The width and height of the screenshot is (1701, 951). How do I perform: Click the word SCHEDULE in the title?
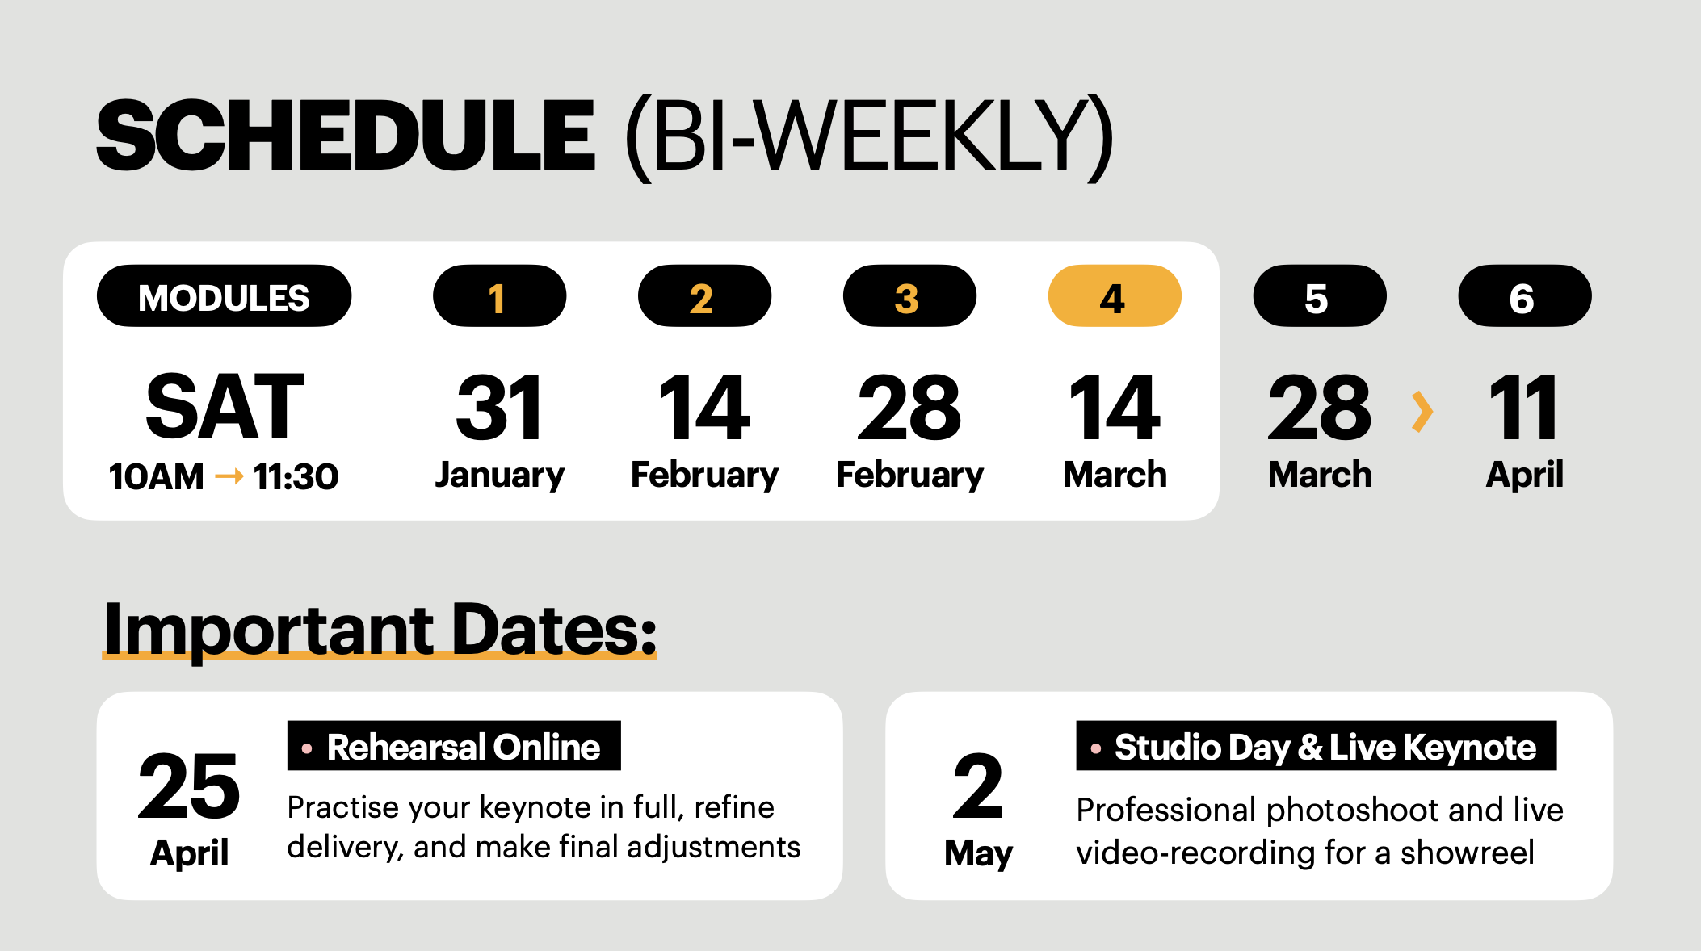(x=346, y=136)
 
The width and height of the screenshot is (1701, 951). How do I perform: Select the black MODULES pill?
(x=224, y=296)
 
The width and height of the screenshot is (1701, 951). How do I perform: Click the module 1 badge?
(x=499, y=296)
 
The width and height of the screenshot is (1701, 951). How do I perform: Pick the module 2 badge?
(x=704, y=296)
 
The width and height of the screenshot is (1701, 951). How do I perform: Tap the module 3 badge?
(x=909, y=296)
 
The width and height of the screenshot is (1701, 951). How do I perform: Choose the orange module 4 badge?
(x=1115, y=296)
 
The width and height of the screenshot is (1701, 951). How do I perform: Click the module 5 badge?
(x=1320, y=296)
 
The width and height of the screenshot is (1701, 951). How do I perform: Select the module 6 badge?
(x=1525, y=296)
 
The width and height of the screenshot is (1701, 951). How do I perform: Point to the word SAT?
(x=225, y=407)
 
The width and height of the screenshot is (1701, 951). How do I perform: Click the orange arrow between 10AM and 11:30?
(x=229, y=477)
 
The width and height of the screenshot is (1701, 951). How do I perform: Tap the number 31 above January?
(x=499, y=408)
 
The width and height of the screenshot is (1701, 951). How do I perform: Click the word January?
(x=499, y=475)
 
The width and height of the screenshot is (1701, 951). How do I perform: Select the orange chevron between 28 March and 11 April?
(x=1422, y=412)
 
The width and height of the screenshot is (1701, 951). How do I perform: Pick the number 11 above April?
(x=1524, y=408)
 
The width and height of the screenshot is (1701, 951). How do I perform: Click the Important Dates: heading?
(x=380, y=630)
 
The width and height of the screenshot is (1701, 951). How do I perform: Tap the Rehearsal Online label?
(x=454, y=746)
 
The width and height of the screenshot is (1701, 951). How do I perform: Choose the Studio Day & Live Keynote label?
(x=1316, y=746)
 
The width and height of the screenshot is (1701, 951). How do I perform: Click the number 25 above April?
(x=189, y=786)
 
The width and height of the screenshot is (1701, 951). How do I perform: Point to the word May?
(x=978, y=854)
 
